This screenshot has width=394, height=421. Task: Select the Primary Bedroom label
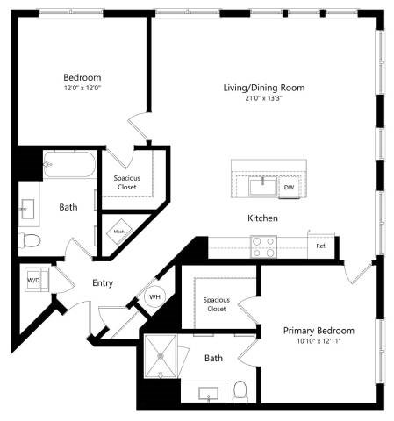point(319,331)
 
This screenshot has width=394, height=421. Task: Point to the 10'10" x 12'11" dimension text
point(319,342)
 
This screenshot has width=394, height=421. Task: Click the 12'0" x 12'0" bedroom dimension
point(82,88)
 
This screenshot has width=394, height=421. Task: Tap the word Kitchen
point(262,218)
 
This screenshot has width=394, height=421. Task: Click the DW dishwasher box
point(289,188)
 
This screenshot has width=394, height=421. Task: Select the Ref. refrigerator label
point(321,246)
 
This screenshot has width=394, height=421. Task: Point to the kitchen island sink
point(261,185)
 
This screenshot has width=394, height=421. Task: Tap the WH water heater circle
point(154,297)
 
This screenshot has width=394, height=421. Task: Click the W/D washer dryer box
point(35,281)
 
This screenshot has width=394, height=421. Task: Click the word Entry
point(104,282)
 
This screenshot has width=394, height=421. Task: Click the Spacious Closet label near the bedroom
point(127,182)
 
